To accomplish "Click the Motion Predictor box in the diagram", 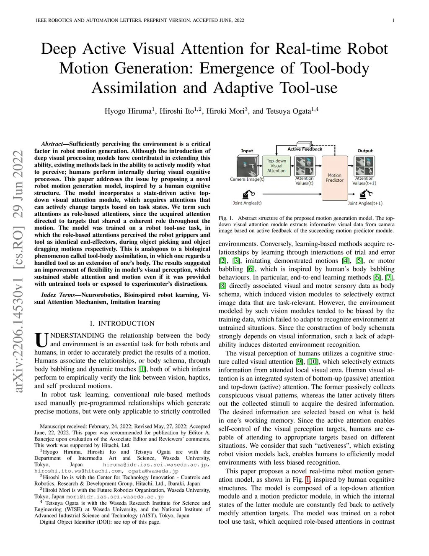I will (x=334, y=178).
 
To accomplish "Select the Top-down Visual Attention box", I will (x=276, y=166).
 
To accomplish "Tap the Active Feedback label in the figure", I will (x=305, y=149).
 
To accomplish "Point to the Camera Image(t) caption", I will (x=247, y=179).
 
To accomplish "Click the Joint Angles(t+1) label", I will (x=365, y=203).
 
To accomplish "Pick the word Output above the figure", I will (x=365, y=151).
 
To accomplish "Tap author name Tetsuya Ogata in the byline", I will (x=288, y=111).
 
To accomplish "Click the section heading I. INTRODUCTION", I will (x=122, y=324).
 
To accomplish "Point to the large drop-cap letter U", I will (x=41, y=339).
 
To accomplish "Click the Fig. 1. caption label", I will (x=225, y=218).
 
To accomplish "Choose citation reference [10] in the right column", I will (x=313, y=362).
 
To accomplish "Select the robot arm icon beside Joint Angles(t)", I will (x=248, y=194).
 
